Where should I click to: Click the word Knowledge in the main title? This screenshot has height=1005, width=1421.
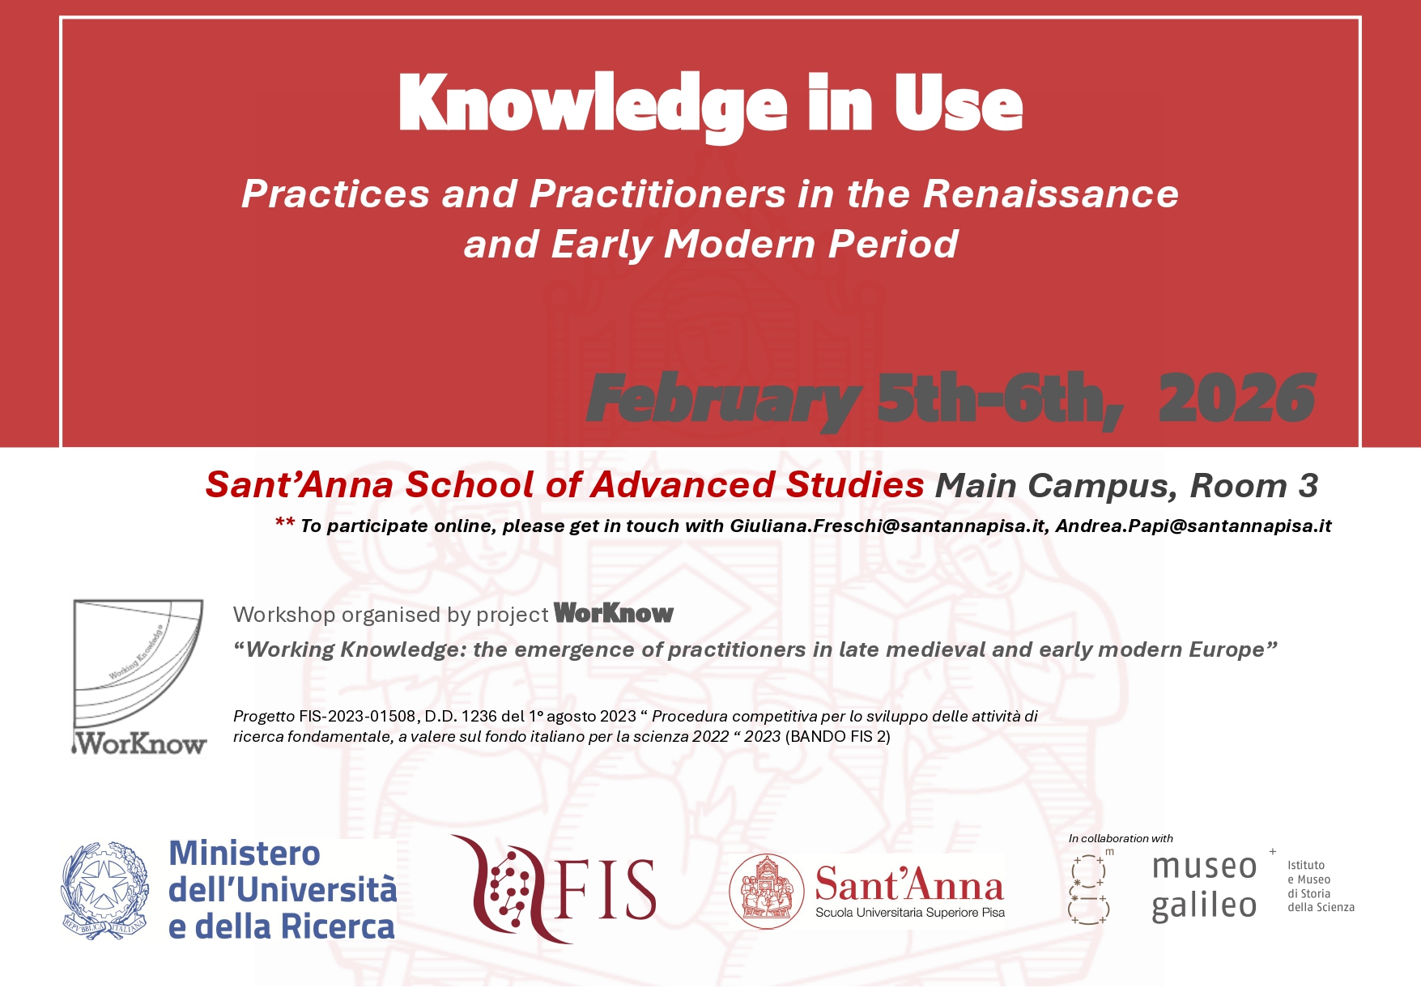coord(593,105)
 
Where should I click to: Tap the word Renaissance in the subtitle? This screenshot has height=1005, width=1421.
coord(1051,194)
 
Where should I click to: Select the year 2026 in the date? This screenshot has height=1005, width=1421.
coord(1237,398)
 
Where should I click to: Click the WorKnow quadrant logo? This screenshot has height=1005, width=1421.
coord(138,677)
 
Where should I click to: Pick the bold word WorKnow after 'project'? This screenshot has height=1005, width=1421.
coord(614,614)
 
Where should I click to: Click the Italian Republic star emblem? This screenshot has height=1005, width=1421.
coord(105,890)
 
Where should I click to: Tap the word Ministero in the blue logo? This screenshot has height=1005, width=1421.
coord(245,854)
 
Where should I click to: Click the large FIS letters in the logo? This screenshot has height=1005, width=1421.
coord(606,890)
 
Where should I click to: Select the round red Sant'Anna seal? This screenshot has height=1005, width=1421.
coord(766,891)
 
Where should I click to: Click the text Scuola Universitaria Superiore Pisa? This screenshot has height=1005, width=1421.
coord(910,913)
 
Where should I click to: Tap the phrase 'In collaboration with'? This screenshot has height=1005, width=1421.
coord(1121,838)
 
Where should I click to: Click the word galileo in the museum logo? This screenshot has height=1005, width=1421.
coord(1204,905)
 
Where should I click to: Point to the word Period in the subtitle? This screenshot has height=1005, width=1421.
coord(893,244)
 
